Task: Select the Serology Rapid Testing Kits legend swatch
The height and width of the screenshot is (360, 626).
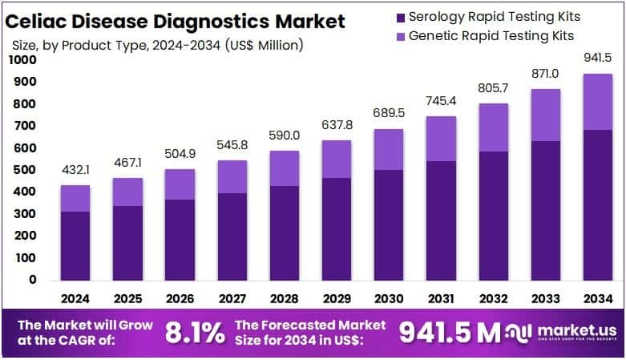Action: tap(400, 17)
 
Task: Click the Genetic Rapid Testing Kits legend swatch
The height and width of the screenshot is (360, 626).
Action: tap(400, 36)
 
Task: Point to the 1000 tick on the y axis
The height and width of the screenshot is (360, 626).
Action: tap(23, 60)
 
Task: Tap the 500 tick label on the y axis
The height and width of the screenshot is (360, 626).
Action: tap(26, 170)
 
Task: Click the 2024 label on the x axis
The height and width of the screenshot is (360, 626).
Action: tap(75, 298)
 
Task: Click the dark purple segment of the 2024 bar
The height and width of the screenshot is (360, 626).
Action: tap(75, 245)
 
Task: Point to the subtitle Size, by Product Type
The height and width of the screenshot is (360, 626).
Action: tap(156, 45)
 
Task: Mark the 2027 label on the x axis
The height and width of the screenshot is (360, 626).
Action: tap(231, 298)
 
